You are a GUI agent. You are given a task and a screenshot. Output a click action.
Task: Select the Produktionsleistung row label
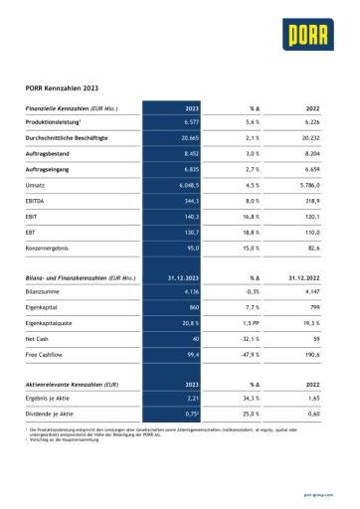click(x=58, y=120)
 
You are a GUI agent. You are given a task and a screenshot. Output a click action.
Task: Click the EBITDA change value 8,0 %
click(x=250, y=201)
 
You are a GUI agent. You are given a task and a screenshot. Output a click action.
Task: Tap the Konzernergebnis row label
click(x=50, y=248)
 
